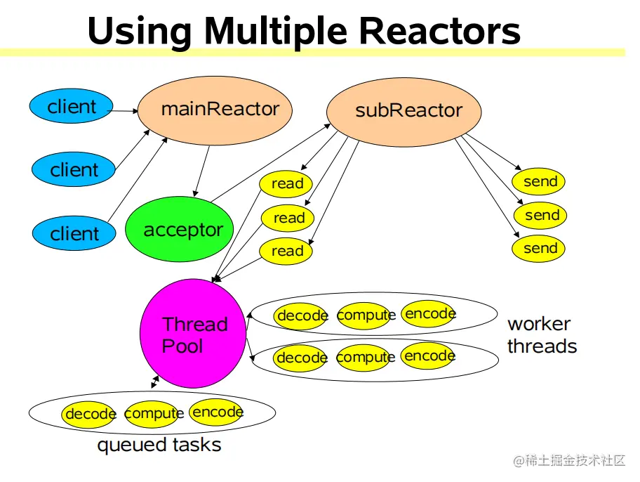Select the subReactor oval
point(404,111)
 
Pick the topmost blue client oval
point(71,107)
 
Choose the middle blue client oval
point(74,169)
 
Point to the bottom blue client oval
point(74,233)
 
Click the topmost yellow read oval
point(286,184)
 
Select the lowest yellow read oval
point(286,251)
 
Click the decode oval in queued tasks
point(89,414)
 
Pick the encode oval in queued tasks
point(217,412)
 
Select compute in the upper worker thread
point(366,315)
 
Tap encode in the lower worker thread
point(429,356)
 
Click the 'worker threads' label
point(542,335)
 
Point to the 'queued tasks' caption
point(159,445)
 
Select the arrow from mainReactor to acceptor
point(202,170)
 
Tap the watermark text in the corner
point(569,461)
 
